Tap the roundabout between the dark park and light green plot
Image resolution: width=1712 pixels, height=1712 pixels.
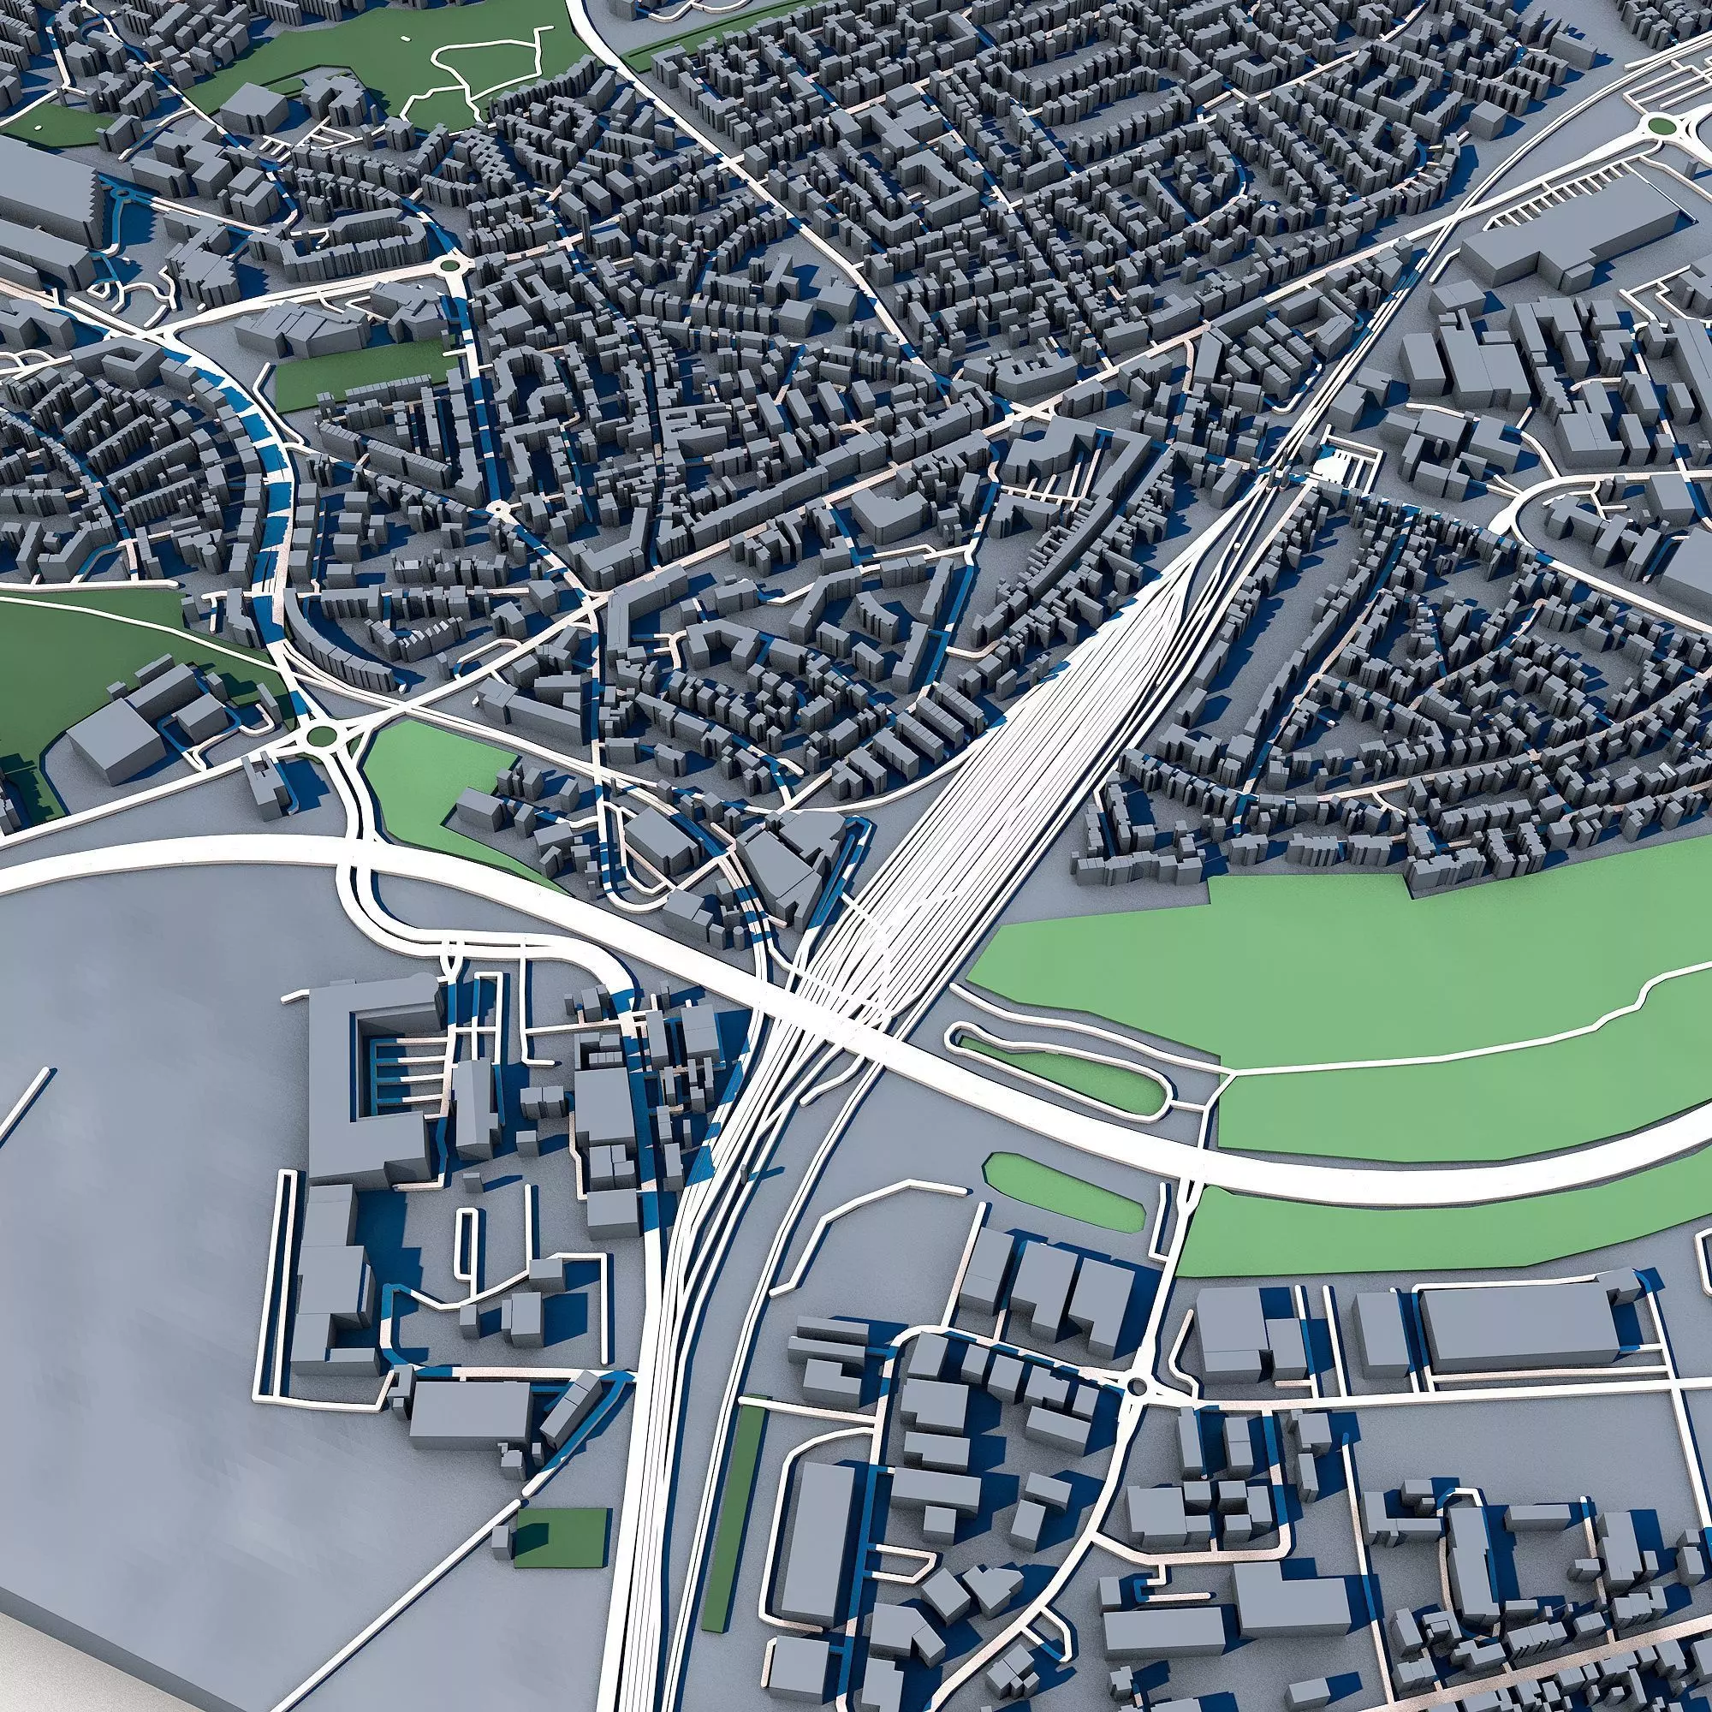(320, 734)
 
